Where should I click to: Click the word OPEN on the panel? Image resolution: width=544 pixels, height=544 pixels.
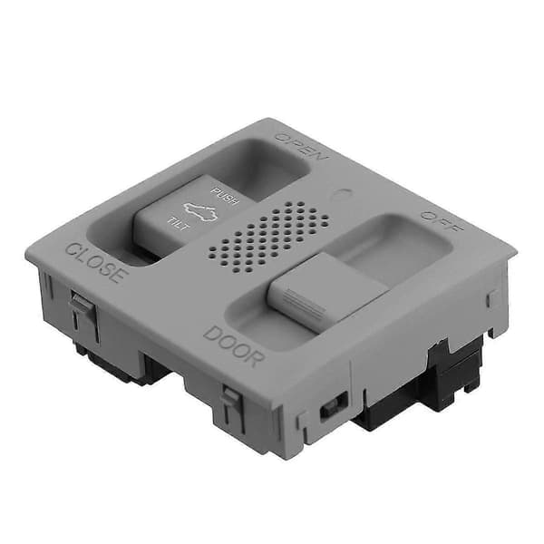pyautogui.click(x=302, y=147)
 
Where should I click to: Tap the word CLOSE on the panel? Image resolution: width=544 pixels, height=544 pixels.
pyautogui.click(x=94, y=262)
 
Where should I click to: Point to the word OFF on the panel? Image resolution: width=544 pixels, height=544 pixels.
pyautogui.click(x=442, y=222)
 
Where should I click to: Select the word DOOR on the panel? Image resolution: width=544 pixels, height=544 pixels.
pyautogui.click(x=234, y=346)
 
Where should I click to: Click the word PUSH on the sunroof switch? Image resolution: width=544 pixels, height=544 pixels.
pyautogui.click(x=225, y=196)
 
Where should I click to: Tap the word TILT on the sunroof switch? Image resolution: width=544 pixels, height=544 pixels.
pyautogui.click(x=179, y=223)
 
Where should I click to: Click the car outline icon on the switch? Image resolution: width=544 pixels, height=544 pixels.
pyautogui.click(x=200, y=211)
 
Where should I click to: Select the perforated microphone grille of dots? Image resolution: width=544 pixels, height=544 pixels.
pyautogui.click(x=269, y=237)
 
